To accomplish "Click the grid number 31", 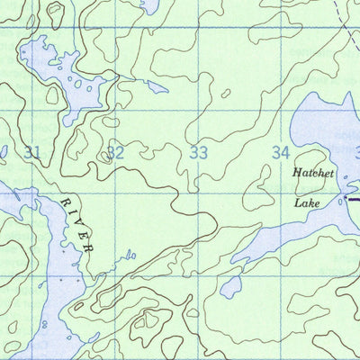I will click(32, 152).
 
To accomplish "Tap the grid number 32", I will click(115, 152).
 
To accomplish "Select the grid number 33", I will click(199, 152).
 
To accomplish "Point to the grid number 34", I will click(282, 152).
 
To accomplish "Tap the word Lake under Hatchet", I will click(306, 203).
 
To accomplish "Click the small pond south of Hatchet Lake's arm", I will click(231, 287).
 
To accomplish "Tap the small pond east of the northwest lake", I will click(157, 88).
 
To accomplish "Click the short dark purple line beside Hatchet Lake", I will click(353, 199).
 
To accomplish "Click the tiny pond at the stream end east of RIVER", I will click(131, 255).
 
